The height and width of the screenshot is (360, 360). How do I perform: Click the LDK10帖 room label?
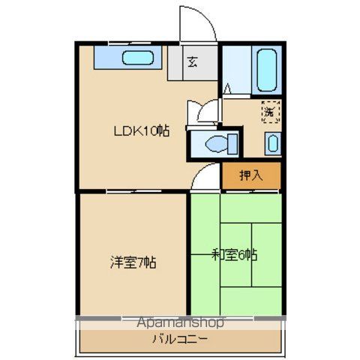click(141, 130)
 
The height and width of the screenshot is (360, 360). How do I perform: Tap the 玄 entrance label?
click(192, 62)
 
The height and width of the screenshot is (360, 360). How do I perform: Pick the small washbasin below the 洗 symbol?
click(271, 142)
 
